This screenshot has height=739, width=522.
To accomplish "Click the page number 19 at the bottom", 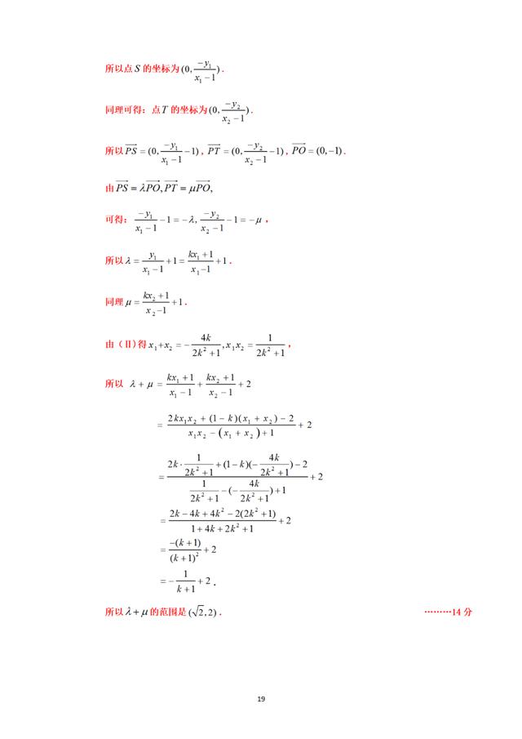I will [260, 699].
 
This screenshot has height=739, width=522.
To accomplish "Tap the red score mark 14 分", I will [449, 612].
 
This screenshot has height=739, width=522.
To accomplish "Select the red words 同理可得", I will [122, 109].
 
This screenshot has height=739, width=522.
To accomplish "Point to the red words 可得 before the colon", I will [114, 220].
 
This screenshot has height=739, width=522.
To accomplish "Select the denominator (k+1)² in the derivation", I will [184, 559].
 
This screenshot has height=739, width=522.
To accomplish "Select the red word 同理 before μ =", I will [114, 302].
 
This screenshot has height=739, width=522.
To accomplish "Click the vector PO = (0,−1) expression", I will [319, 151].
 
